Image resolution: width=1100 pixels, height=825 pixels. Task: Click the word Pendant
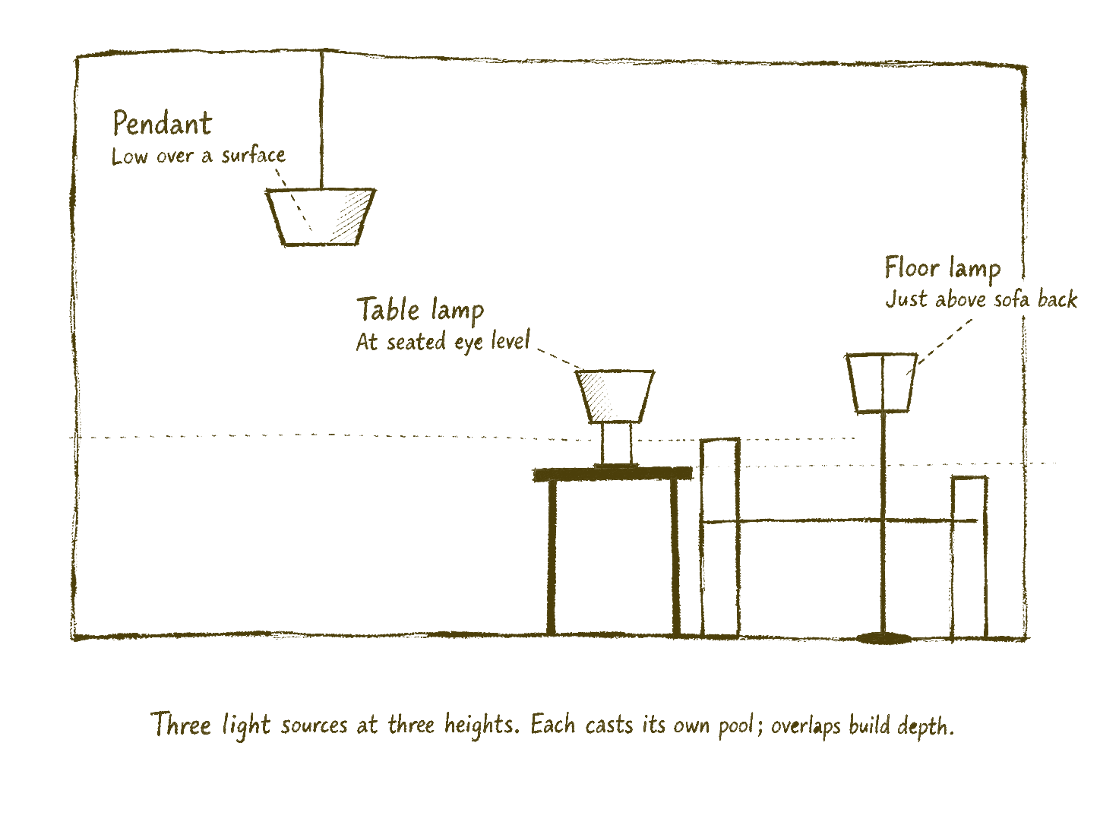(163, 123)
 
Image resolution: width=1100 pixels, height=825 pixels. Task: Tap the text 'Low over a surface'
(198, 156)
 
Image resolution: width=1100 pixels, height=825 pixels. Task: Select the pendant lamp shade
(321, 217)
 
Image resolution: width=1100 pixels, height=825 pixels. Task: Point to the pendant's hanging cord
(322, 120)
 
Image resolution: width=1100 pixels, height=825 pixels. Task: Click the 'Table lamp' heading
(420, 311)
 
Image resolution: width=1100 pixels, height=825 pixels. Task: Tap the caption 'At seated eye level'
(443, 342)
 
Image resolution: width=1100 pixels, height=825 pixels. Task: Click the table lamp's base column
(616, 444)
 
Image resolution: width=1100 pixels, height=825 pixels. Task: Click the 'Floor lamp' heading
(943, 269)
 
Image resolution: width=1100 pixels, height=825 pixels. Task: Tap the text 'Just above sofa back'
(981, 299)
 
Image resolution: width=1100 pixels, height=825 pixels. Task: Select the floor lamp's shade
(882, 383)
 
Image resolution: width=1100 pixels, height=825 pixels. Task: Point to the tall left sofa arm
(720, 539)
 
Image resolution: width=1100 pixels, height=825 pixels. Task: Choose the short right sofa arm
(969, 558)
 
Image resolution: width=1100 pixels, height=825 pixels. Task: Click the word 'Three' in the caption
(180, 725)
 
